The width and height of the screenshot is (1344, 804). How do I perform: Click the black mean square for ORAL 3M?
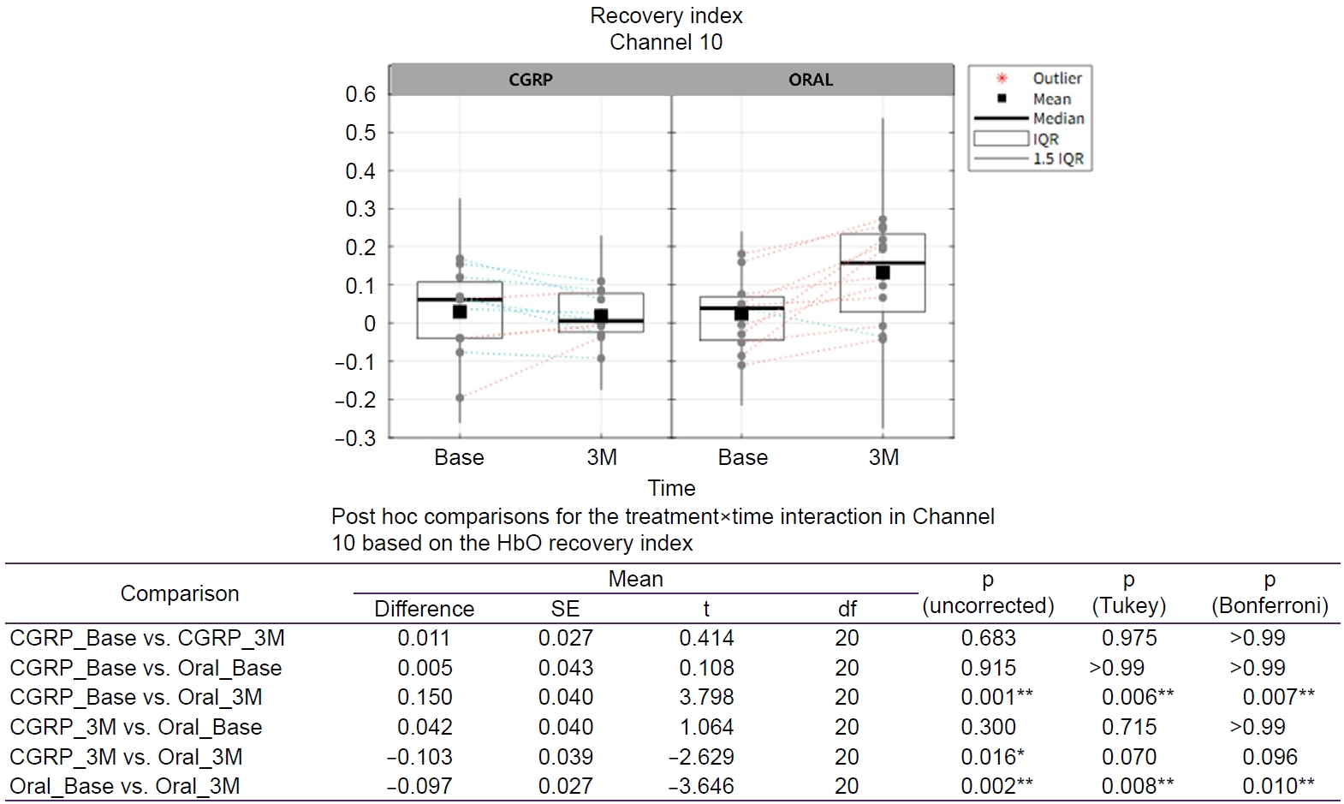coord(883,273)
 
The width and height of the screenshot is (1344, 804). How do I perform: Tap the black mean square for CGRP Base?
coord(460,312)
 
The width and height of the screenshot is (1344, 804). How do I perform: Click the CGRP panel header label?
coord(530,80)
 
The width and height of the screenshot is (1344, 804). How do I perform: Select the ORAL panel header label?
coord(811,80)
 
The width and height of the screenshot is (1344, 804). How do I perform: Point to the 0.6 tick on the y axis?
coord(360,94)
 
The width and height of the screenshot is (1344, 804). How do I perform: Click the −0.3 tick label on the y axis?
coord(355,438)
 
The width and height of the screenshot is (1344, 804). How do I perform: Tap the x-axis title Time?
coord(671,488)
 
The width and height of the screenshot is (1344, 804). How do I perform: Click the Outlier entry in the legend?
coord(1056,78)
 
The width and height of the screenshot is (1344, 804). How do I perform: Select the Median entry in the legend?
coord(1058,118)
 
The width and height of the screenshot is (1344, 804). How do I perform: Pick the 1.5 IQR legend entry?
coord(1058,158)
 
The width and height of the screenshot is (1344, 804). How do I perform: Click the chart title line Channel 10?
coord(666,42)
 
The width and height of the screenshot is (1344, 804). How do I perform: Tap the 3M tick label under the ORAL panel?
coord(883,457)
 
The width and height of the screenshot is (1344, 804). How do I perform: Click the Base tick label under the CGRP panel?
coord(459,457)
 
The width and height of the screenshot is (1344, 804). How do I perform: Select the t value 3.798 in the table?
coord(706,697)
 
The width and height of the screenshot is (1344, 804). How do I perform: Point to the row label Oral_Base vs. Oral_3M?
coord(125,786)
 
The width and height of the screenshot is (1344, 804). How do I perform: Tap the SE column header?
coord(565,609)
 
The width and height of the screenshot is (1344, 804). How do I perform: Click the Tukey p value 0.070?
coord(1129,757)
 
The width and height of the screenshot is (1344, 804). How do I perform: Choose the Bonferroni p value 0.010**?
coord(1278,786)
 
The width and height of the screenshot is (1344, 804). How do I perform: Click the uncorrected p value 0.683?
coord(988,638)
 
